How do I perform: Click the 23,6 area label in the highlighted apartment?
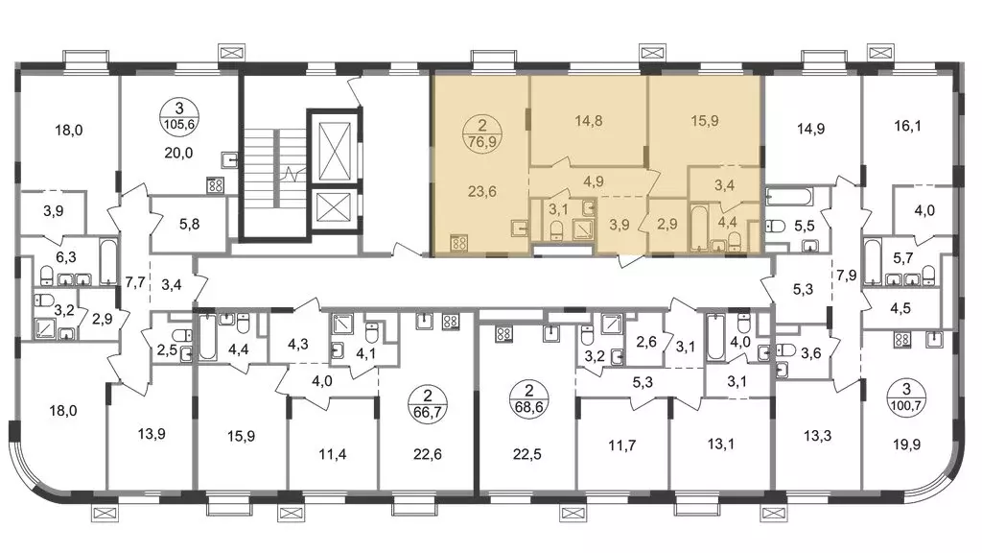482,192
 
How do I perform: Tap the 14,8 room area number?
588,120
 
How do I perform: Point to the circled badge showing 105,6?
178,116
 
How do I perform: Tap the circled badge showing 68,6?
528,398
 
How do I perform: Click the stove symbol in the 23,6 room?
459,243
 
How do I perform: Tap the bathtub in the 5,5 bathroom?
789,198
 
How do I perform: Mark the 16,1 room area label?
907,126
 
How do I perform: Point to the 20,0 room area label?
178,153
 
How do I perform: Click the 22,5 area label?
526,454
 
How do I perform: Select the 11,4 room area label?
332,454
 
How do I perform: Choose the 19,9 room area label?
906,445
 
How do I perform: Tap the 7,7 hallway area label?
135,283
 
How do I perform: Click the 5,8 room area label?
189,223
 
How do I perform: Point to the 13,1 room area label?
720,445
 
